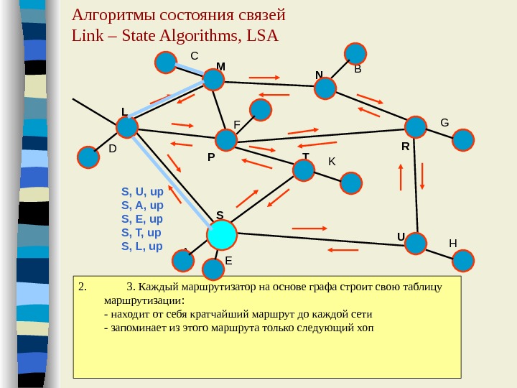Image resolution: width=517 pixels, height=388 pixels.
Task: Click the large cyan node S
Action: [x=222, y=234]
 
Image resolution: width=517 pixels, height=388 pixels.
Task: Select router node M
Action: [x=213, y=79]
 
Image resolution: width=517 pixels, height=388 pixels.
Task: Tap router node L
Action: [x=127, y=128]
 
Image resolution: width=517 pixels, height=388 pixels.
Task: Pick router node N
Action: [x=325, y=88]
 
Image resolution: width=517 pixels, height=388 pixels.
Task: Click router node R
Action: [x=415, y=127]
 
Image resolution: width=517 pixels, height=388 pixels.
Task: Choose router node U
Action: [x=415, y=244]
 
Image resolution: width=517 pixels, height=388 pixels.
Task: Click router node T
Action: [x=304, y=170]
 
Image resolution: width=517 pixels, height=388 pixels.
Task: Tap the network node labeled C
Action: [x=166, y=63]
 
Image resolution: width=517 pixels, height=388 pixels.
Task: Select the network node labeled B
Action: [x=355, y=53]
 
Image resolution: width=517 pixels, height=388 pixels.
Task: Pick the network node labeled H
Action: [x=464, y=260]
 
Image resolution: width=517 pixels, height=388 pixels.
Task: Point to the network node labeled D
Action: [x=88, y=157]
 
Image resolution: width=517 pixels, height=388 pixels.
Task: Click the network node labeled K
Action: [x=351, y=183]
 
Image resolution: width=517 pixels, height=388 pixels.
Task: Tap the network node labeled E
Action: [x=213, y=269]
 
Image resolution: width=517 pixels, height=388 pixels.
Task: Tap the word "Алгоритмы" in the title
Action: [x=106, y=15]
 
